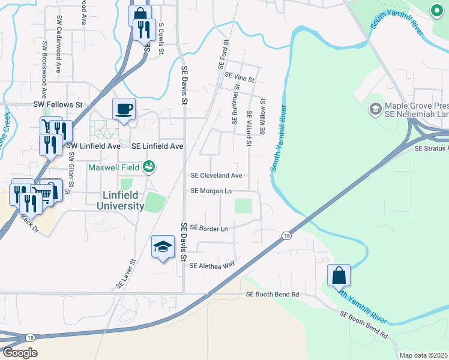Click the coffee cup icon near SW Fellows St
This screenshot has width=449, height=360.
pyautogui.click(x=124, y=109)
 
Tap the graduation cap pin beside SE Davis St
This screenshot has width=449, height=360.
pyautogui.click(x=163, y=246)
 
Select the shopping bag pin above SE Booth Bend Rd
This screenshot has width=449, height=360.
pyautogui.click(x=339, y=276)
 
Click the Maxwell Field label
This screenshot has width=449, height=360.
pyautogui.click(x=114, y=167)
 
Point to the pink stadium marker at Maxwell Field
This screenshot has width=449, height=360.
pyautogui.click(x=149, y=167)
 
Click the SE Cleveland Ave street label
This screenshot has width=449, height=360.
pyautogui.click(x=216, y=176)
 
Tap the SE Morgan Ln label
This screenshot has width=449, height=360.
pyautogui.click(x=211, y=191)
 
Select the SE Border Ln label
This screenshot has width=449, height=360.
pyautogui.click(x=209, y=228)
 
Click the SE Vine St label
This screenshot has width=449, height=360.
pyautogui.click(x=240, y=77)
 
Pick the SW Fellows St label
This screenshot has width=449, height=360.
pyautogui.click(x=58, y=104)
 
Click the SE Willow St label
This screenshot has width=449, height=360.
pyautogui.click(x=262, y=118)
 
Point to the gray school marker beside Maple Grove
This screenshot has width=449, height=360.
pyautogui.click(x=376, y=109)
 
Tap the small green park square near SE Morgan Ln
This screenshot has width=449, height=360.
pyautogui.click(x=243, y=206)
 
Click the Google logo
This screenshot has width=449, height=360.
pyautogui.click(x=19, y=353)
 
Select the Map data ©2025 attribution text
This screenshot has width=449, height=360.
pyautogui.click(x=423, y=355)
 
